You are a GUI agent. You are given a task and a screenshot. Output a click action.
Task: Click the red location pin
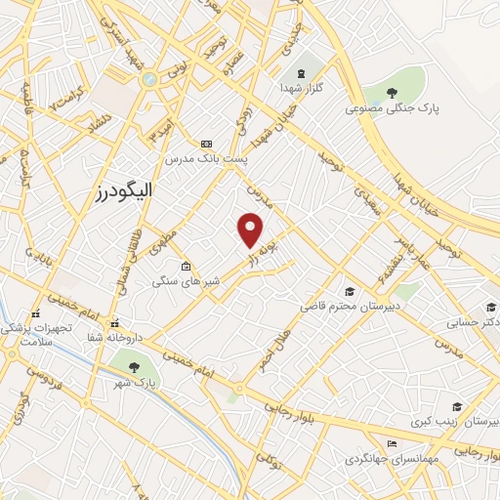point(251,229)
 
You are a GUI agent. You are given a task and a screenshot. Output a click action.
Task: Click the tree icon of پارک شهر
point(134,367)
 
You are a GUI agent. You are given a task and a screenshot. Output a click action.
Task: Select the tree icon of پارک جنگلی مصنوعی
point(392,94)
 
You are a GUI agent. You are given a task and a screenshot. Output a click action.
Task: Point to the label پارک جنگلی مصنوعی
point(392,109)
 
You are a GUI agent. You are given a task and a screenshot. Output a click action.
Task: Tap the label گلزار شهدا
point(301,88)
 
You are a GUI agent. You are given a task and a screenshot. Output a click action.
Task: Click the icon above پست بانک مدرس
point(205,143)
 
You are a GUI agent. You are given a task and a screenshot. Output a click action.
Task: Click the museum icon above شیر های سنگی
point(186,266)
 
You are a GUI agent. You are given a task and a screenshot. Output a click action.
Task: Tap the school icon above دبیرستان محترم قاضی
point(350,292)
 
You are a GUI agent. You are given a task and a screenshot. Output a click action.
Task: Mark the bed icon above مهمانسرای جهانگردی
point(392,443)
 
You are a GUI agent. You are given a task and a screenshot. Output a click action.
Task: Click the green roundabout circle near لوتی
point(148,79)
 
